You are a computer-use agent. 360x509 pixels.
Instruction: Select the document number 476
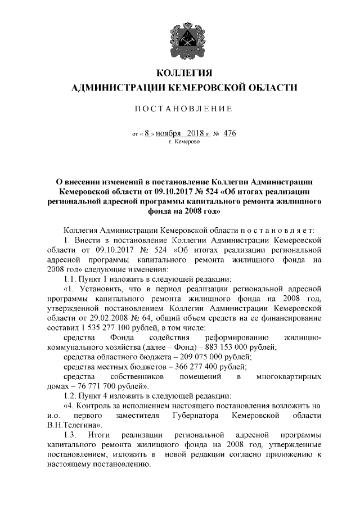229,133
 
